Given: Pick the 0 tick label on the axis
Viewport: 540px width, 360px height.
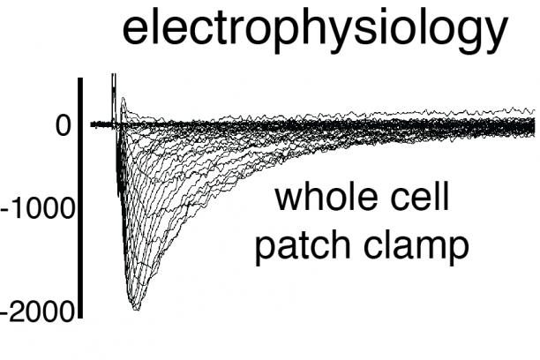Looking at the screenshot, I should pos(63,126).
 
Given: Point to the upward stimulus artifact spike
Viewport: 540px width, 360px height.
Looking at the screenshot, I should pos(114,86).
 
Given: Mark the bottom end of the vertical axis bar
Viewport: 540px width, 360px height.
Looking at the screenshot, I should pos(81,313).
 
